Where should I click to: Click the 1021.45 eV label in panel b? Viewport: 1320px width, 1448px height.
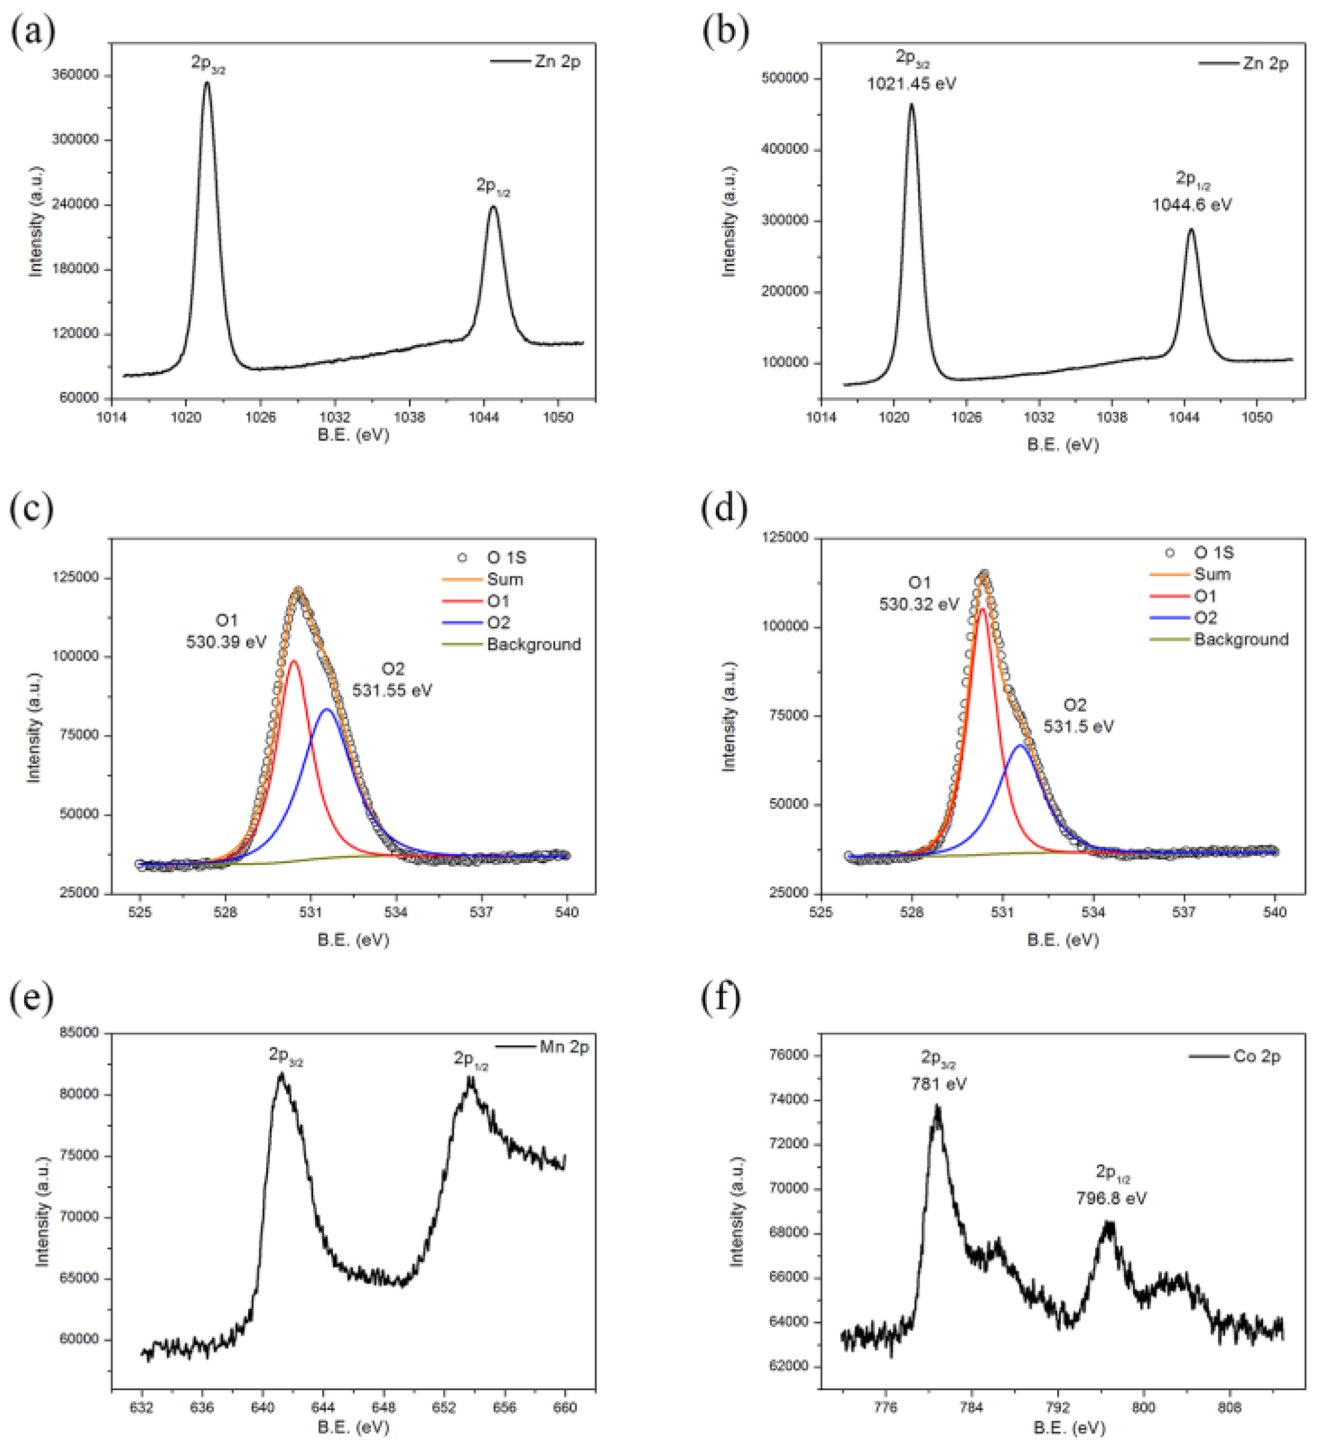coord(911,84)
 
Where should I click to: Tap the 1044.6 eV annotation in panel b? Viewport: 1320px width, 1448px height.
coord(1191,206)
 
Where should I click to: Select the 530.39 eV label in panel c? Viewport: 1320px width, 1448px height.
coord(226,641)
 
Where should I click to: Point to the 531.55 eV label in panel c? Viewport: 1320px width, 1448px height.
coord(392,690)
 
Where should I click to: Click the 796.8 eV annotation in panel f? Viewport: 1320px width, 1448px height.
coord(1111,1198)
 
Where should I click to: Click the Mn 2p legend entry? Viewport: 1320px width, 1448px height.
coord(564,1047)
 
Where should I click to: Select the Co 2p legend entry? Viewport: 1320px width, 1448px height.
coord(1257,1057)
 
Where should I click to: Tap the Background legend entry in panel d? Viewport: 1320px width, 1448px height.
coord(1241,639)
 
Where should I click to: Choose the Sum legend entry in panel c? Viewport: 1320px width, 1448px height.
coord(505,579)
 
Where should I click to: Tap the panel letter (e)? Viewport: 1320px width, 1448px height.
coord(32,999)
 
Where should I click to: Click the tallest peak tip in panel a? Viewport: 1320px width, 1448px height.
coord(207,82)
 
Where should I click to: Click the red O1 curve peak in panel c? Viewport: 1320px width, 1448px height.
coord(293,661)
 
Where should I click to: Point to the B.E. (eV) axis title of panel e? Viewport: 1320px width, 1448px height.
coord(353,1426)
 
